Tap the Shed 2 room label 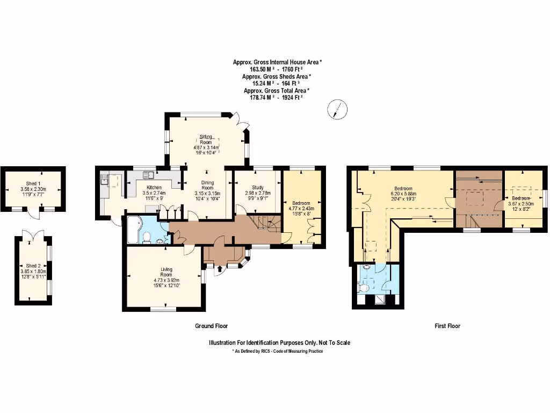[33, 266]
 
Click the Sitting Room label [207, 139]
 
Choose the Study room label [258, 187]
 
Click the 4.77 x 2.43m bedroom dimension [301, 209]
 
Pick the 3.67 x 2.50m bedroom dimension [520, 204]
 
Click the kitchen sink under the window [149, 174]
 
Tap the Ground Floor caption [211, 326]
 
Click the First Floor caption [447, 326]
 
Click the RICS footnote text [277, 351]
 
